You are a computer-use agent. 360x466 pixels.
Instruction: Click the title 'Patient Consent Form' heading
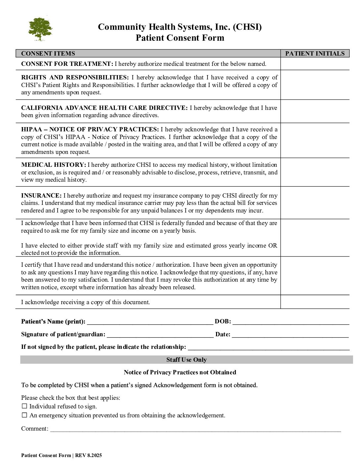point(180,38)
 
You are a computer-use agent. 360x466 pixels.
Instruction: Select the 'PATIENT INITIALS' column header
point(315,54)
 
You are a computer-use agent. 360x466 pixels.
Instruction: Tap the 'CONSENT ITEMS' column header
point(48,54)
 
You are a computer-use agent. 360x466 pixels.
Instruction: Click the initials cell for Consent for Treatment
point(315,64)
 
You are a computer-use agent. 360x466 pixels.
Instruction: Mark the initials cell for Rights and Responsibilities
point(315,85)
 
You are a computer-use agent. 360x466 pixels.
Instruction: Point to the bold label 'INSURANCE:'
point(41,196)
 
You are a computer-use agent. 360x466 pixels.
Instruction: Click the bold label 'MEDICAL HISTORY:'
point(54,165)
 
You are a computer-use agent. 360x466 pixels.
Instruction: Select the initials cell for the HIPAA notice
point(315,140)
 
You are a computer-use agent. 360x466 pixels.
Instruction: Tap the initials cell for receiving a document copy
point(315,302)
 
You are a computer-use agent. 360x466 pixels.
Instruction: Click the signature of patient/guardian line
point(160,335)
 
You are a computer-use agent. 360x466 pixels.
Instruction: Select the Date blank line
point(290,335)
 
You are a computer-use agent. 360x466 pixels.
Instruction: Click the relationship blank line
point(268,348)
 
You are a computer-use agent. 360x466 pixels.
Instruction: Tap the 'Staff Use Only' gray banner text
point(186,360)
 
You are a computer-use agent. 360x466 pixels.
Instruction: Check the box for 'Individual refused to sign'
point(24,406)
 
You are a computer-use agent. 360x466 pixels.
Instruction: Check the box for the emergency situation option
point(24,415)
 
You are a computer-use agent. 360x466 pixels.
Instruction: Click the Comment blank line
point(195,429)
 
